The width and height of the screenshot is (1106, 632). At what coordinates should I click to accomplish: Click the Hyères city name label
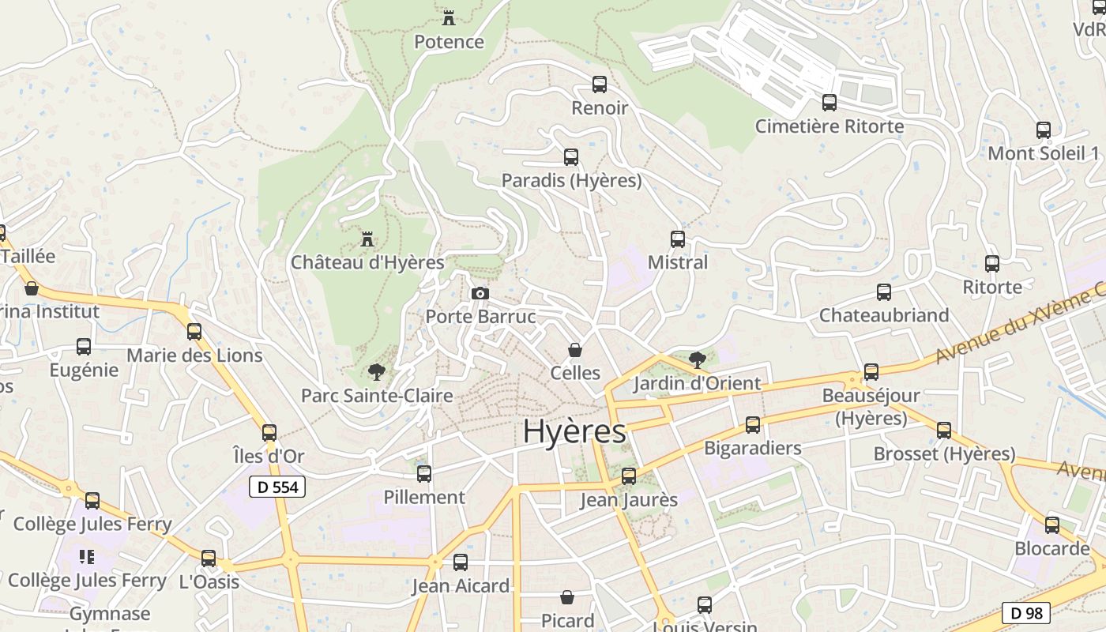coord(574,432)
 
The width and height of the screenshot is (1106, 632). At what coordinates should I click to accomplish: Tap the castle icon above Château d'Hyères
coord(367,239)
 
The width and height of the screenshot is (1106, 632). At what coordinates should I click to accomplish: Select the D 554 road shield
coord(277,487)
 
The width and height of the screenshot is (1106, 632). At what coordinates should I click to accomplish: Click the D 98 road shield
coord(1026,612)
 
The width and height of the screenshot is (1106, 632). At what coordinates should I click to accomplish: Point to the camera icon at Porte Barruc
coord(480,294)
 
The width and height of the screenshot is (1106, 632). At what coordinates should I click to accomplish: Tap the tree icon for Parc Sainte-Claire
coord(377,372)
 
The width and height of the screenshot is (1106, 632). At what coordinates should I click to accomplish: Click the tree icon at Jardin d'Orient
coord(697,360)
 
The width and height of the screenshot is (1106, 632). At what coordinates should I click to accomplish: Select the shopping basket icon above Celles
coord(575,350)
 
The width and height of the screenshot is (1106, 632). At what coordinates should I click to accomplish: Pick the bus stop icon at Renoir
coord(600,85)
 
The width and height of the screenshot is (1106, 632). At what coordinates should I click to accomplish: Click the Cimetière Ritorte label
coord(829,126)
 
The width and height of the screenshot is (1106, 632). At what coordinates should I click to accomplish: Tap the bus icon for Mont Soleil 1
coord(1044,130)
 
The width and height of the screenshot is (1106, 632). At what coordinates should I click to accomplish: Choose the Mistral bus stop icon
coord(678,239)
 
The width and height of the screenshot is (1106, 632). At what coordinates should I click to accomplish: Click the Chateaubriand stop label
coord(884,315)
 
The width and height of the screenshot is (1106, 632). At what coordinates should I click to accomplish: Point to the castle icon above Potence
coord(449,17)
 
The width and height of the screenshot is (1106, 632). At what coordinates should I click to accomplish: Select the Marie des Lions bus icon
coord(194,332)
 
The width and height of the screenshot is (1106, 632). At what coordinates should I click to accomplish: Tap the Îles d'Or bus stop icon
coord(269,433)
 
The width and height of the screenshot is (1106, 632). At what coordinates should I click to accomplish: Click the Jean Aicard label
coord(461,586)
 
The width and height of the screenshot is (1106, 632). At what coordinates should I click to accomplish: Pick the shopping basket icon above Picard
coord(567,597)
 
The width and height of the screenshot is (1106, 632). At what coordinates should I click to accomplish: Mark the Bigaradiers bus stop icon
coord(753,425)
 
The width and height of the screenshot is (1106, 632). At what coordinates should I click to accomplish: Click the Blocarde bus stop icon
coord(1052,525)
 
